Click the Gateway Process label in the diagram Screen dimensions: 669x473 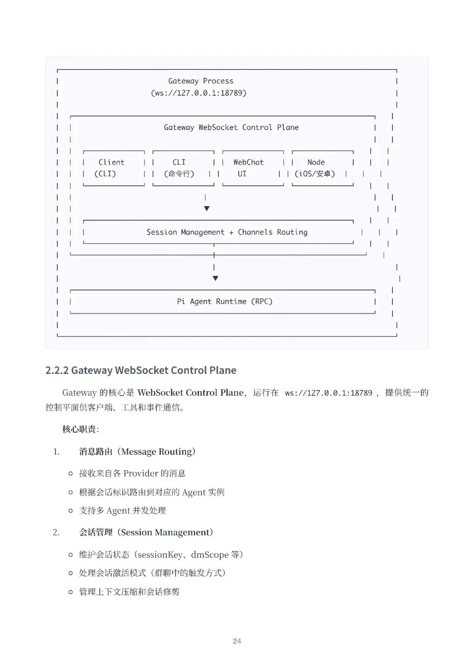(x=201, y=81)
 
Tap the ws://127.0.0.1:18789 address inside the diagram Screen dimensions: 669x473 (x=199, y=93)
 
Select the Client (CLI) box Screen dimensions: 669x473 (x=113, y=168)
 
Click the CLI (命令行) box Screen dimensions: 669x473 (x=183, y=168)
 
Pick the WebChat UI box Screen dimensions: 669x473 (x=252, y=168)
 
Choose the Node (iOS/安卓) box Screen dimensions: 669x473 (x=322, y=168)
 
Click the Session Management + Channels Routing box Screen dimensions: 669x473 (x=227, y=232)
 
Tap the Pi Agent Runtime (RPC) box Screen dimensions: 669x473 (x=224, y=301)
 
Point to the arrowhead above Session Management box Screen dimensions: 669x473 (x=207, y=208)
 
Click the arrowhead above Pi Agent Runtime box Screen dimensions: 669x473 (x=215, y=278)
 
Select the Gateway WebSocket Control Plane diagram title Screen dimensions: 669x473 (x=231, y=127)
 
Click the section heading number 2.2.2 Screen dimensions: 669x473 (x=57, y=370)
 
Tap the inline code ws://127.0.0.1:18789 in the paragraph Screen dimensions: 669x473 (x=328, y=393)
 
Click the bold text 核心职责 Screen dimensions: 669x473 (x=79, y=429)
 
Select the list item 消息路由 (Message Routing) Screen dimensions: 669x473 (x=137, y=451)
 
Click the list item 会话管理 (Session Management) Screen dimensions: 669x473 (x=146, y=532)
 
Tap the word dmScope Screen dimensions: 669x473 (x=209, y=555)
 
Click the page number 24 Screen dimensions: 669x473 (x=237, y=641)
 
